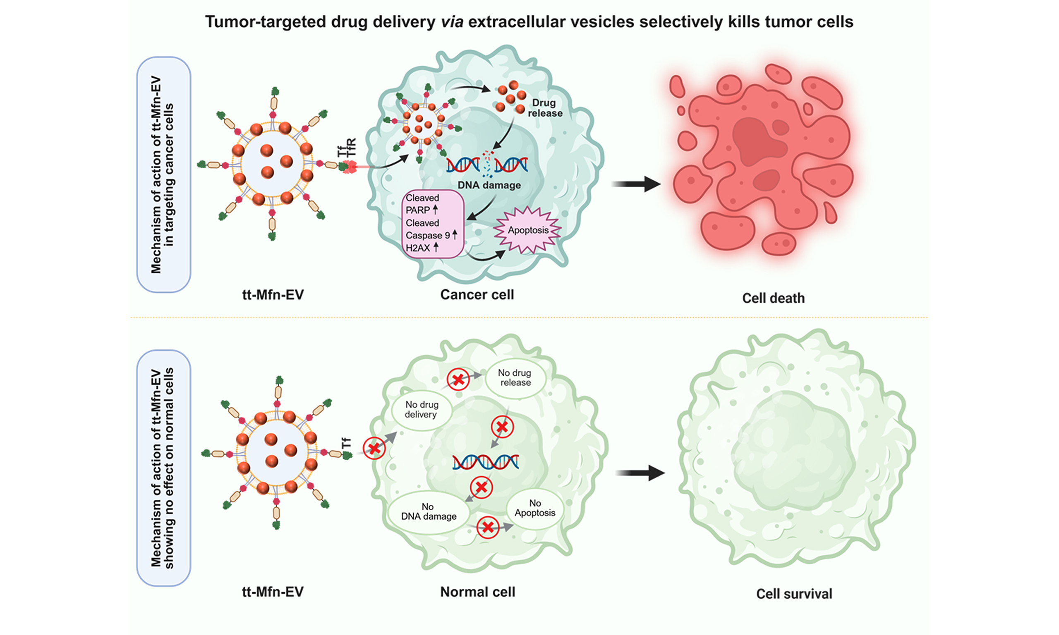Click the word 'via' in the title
pyautogui.click(x=452, y=22)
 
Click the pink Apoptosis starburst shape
pyautogui.click(x=528, y=230)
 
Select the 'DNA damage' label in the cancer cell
pyautogui.click(x=489, y=185)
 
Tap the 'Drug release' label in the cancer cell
pyautogui.click(x=544, y=108)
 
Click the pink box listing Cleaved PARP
pyautogui.click(x=432, y=223)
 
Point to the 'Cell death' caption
pyautogui.click(x=773, y=298)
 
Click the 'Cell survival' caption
pyautogui.click(x=794, y=594)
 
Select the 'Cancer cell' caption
pyautogui.click(x=477, y=294)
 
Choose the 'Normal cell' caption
pyautogui.click(x=478, y=592)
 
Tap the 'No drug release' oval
pyautogui.click(x=515, y=378)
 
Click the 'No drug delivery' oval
pyautogui.click(x=421, y=410)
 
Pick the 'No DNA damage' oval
pyautogui.click(x=429, y=512)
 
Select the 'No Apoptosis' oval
pyautogui.click(x=534, y=508)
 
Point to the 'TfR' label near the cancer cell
pyautogui.click(x=351, y=147)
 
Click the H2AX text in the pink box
pyautogui.click(x=418, y=248)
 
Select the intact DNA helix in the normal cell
pyautogui.click(x=485, y=462)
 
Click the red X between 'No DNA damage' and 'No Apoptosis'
pyautogui.click(x=488, y=527)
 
